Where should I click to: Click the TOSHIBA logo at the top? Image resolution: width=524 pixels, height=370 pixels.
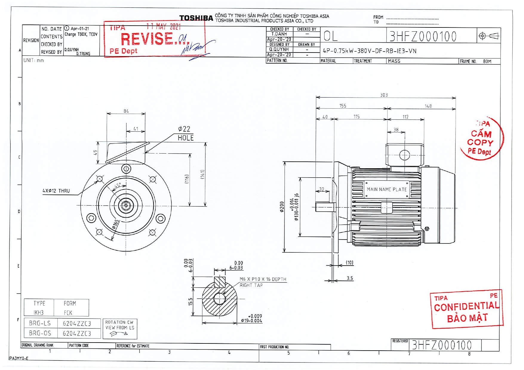tap(196, 18)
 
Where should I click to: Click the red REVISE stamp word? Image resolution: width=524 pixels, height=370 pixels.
tap(147, 39)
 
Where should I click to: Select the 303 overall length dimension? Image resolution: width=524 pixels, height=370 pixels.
tap(384, 95)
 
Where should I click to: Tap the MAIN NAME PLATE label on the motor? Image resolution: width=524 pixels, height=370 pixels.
tap(387, 189)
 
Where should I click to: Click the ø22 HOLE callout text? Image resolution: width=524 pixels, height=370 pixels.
tap(185, 133)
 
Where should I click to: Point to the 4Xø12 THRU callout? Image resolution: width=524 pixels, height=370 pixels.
tap(56, 191)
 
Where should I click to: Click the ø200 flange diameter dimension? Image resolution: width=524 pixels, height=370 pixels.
tap(282, 207)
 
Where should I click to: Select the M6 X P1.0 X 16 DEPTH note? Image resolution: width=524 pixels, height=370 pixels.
tap(263, 279)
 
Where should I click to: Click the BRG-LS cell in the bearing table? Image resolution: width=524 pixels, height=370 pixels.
tap(40, 323)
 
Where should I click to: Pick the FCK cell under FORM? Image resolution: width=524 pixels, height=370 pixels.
tap(68, 313)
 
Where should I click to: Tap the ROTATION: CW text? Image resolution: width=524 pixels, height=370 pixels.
tap(119, 322)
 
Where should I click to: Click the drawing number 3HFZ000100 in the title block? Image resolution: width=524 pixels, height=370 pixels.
tap(423, 36)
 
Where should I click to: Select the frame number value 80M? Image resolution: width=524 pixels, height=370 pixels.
tap(487, 61)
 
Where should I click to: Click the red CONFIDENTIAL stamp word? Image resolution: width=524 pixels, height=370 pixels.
tap(466, 306)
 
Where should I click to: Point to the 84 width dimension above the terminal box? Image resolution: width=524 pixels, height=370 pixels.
tap(126, 111)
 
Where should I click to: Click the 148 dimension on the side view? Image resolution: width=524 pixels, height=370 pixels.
tap(428, 106)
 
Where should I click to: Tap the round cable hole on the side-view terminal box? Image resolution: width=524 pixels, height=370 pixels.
tap(405, 155)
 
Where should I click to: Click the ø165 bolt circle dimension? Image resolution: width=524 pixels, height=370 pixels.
tap(116, 224)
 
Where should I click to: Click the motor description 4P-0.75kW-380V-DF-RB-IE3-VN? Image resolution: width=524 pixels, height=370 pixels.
tap(369, 51)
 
